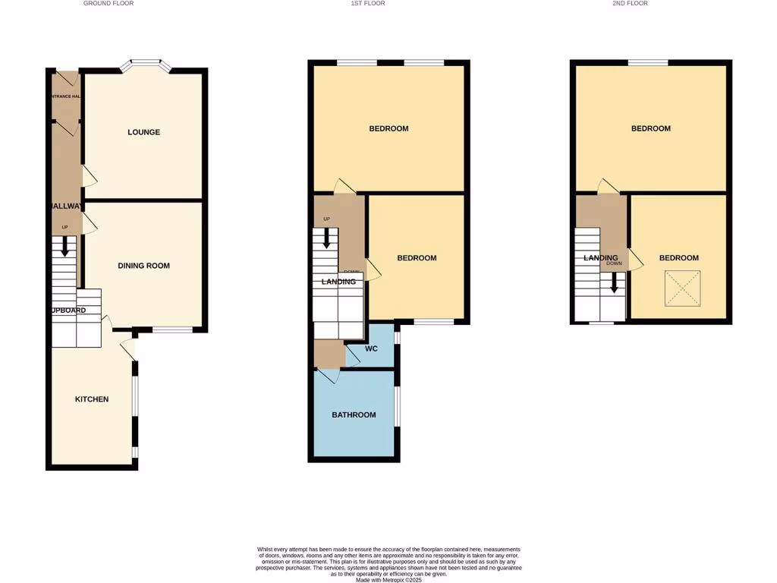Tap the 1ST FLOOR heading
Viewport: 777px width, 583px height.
(x=367, y=4)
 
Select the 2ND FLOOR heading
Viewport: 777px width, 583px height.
(x=630, y=4)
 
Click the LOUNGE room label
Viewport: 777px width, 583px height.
(x=143, y=132)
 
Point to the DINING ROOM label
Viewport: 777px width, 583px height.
(x=143, y=266)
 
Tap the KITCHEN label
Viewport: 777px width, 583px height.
(x=91, y=399)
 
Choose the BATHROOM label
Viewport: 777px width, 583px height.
(x=354, y=414)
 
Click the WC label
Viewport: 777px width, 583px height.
(x=371, y=349)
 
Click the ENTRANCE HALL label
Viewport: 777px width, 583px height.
(x=66, y=96)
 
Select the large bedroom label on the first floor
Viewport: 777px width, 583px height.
(x=388, y=128)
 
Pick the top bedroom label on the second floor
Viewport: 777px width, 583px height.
(x=650, y=128)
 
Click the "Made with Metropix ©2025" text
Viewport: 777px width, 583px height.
(x=388, y=580)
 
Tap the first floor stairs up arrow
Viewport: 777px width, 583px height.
(x=327, y=238)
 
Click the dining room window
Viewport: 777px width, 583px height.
(x=172, y=329)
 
